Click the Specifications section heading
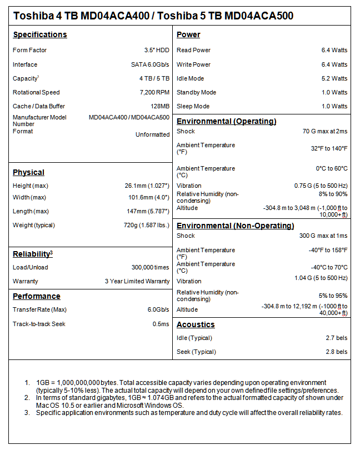[40, 34]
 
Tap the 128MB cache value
[159, 106]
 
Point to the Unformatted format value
[153, 134]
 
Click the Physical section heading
[28, 172]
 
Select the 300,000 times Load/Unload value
[147, 267]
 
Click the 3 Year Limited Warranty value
[137, 281]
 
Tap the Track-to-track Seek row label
[39, 324]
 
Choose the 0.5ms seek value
[161, 324]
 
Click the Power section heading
[188, 34]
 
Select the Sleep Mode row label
[193, 106]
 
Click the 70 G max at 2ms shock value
[324, 131]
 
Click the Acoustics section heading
[196, 324]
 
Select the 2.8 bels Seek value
[337, 352]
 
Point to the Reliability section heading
[33, 254]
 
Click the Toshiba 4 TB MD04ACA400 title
[81, 16]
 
